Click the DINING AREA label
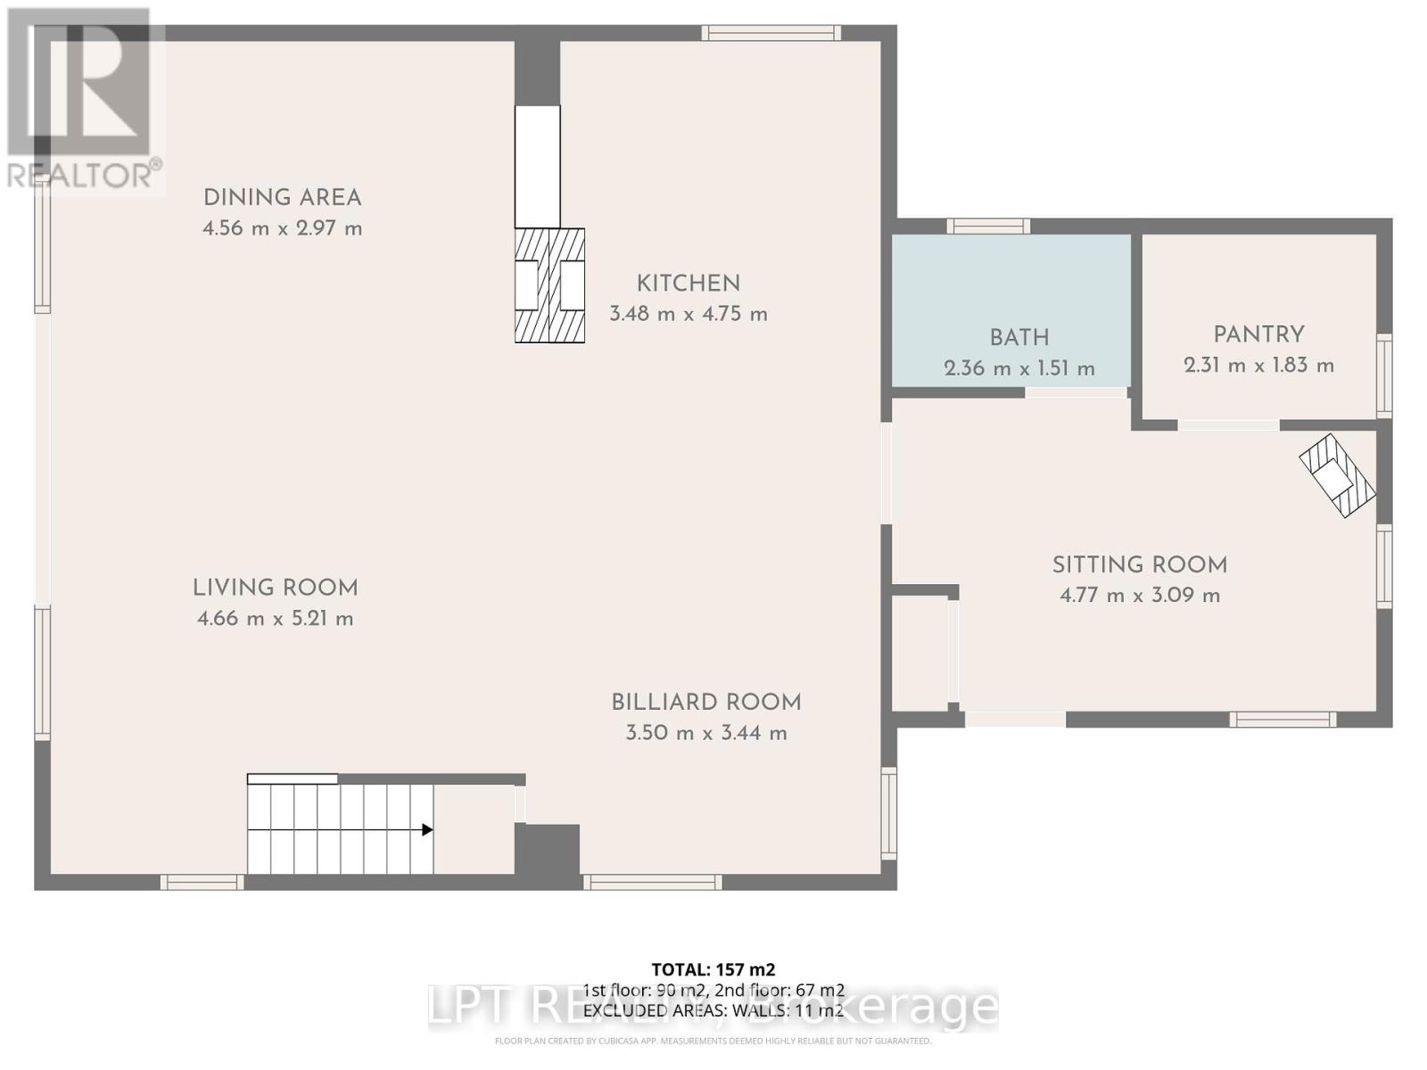(282, 198)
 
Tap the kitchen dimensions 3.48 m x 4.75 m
(688, 314)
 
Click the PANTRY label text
(1258, 334)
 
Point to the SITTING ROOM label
(1139, 564)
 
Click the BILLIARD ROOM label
(705, 702)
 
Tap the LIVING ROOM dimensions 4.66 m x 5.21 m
(275, 618)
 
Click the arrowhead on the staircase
(427, 830)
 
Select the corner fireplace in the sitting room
(1337, 475)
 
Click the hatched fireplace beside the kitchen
(549, 285)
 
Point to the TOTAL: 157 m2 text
(713, 969)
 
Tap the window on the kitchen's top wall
(771, 33)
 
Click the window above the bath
(987, 226)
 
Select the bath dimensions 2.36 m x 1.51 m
(1019, 368)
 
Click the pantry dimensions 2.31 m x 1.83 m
(1258, 366)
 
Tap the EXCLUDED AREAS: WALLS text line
(713, 1010)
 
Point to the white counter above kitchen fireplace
(538, 167)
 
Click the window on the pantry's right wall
(1383, 375)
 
